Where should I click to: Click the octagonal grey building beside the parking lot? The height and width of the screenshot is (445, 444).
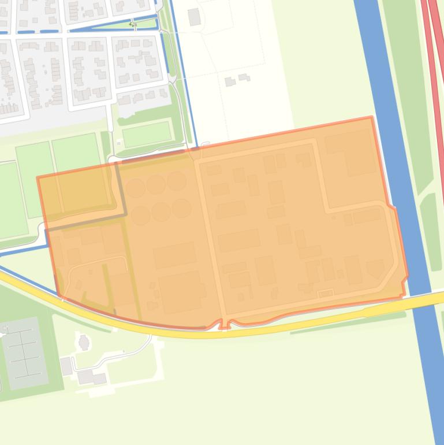[84, 342]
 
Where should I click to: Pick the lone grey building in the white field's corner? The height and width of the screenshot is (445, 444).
[194, 17]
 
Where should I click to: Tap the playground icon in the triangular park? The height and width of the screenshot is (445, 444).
[133, 24]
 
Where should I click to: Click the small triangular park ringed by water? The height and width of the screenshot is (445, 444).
[139, 24]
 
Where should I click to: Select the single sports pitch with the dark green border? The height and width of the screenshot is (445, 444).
[147, 135]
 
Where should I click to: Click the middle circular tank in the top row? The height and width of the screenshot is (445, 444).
[155, 184]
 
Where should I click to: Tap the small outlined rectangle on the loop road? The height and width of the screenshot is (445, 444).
[326, 294]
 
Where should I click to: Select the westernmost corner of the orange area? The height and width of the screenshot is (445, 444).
[38, 178]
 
